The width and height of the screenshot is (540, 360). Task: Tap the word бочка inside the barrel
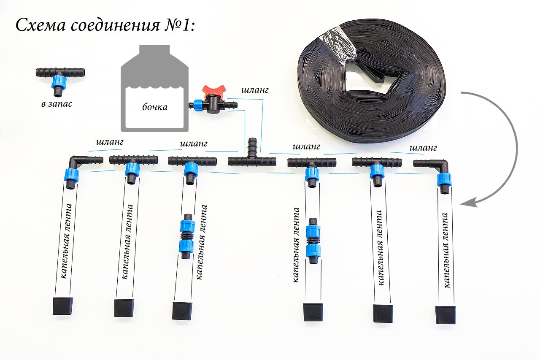pos(154,107)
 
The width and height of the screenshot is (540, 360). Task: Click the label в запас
pos(57,103)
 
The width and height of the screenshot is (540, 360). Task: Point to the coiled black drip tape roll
pos(371,84)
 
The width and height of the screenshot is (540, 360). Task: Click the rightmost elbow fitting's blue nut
pos(443,179)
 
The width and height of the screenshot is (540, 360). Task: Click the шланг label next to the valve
pos(255,90)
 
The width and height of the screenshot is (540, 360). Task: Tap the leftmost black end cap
pos(63,306)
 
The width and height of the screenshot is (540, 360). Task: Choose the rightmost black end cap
pos(445,315)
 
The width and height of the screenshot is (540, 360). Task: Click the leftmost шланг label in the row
pos(110,143)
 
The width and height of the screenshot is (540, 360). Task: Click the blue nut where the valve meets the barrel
pos(196,104)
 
